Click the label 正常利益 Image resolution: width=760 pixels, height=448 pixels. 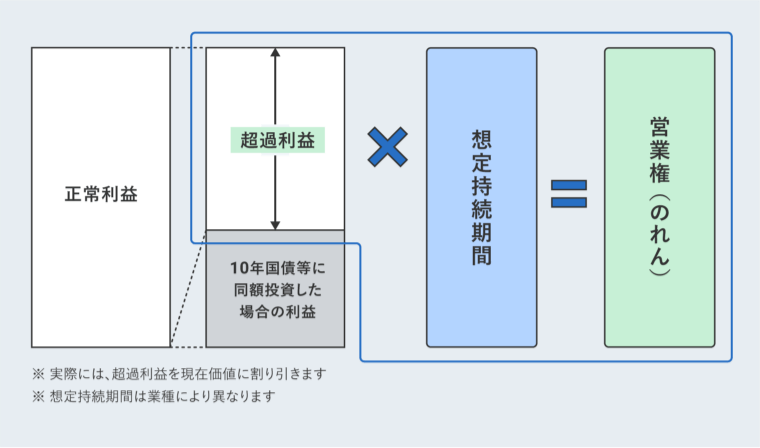[x=100, y=195]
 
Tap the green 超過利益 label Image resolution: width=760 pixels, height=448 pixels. [x=276, y=140]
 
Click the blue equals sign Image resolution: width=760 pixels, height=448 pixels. [x=569, y=194]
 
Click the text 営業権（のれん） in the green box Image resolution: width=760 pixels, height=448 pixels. [x=659, y=197]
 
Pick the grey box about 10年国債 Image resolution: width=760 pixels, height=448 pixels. [x=275, y=290]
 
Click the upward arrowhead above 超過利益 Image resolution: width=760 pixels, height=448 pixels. [x=275, y=54]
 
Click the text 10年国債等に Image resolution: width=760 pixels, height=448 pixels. [x=277, y=268]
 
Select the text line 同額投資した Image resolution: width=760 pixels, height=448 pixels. [x=277, y=290]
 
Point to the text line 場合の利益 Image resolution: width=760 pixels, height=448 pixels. [x=277, y=312]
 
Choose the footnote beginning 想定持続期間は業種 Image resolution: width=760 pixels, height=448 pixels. [x=161, y=396]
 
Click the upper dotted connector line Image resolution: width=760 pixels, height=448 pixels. [x=188, y=48]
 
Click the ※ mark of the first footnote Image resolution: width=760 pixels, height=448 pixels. [x=38, y=374]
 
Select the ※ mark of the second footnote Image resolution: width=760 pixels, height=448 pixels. [x=38, y=396]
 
